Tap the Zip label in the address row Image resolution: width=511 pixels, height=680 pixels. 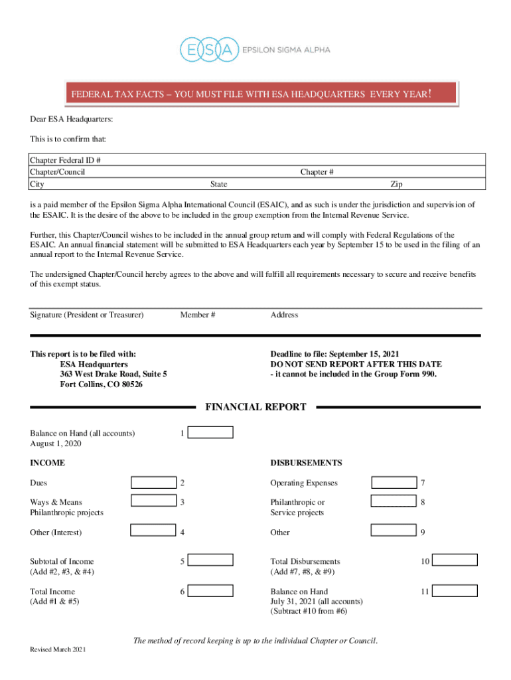[396, 184]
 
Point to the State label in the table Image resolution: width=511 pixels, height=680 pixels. [218, 184]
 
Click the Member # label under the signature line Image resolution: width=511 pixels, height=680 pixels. [197, 315]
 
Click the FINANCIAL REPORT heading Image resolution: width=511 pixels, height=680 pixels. [256, 407]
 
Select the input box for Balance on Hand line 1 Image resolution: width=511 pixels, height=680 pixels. [210, 433]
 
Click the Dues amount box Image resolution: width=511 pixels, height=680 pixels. [153, 483]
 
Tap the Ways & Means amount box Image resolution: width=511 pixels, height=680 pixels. [153, 502]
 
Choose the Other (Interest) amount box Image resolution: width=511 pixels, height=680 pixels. [153, 531]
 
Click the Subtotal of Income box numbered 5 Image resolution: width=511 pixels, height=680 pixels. [210, 560]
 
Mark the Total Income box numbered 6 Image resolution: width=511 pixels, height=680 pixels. [210, 590]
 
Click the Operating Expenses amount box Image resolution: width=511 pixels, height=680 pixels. [394, 483]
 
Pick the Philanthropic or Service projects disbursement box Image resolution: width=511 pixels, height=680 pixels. [394, 502]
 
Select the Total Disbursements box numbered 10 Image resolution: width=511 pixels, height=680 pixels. [455, 560]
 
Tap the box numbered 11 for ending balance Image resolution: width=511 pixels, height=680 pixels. [455, 590]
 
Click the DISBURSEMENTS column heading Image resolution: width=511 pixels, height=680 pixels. [306, 463]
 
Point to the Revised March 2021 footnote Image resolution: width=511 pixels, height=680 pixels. [58, 649]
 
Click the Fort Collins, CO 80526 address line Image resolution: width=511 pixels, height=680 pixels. [101, 384]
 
